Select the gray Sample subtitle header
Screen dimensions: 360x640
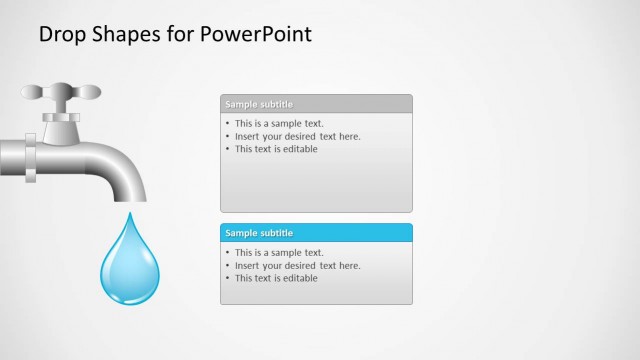315,103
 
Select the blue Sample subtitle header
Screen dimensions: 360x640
315,233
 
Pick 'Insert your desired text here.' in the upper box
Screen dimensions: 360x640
297,136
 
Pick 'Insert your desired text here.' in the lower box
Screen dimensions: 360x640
297,266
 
